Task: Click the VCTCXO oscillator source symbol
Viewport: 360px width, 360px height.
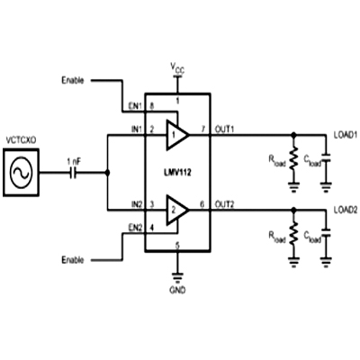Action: coord(21,173)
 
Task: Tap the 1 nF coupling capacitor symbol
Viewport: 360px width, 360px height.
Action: coord(73,173)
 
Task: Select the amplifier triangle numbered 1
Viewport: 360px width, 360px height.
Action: coord(177,135)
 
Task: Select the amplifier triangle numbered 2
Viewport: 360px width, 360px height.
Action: coord(177,210)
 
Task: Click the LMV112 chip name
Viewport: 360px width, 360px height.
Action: coord(177,173)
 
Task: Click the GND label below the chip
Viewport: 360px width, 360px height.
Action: coord(177,290)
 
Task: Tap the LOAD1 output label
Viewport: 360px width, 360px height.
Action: coord(346,135)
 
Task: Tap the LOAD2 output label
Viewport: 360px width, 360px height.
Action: coord(346,210)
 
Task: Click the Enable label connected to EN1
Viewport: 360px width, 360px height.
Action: coord(73,80)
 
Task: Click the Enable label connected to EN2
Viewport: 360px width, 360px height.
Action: coord(73,259)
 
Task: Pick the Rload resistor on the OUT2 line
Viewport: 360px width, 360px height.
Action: coord(294,233)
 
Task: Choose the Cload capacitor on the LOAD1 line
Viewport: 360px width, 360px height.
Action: coord(326,158)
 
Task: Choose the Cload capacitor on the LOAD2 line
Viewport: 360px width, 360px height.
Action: coord(326,233)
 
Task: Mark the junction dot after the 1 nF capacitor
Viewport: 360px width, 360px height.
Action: coord(107,173)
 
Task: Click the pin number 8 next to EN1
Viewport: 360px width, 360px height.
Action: coord(152,105)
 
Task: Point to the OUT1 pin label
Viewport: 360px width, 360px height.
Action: coord(225,130)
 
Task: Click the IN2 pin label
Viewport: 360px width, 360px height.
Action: coord(136,204)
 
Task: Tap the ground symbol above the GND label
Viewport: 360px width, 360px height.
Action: coord(177,278)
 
